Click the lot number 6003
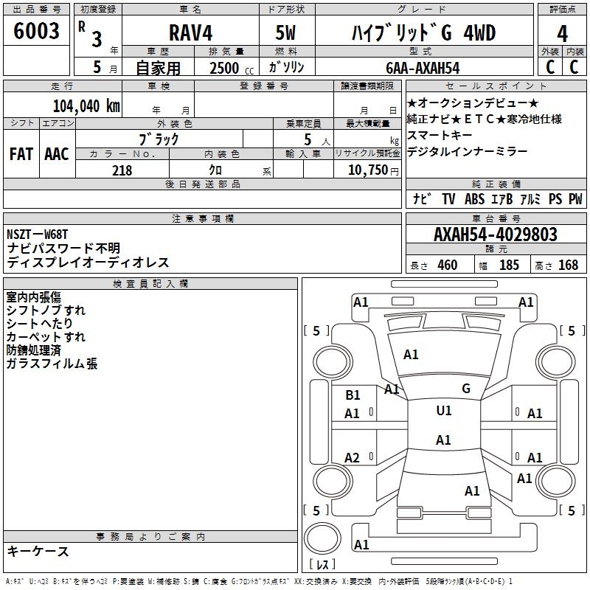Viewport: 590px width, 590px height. click(36, 31)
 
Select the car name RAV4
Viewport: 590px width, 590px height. click(190, 32)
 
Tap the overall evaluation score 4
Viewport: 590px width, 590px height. click(562, 34)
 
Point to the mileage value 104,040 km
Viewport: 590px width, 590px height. click(86, 106)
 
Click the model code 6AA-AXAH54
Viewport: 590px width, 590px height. click(423, 68)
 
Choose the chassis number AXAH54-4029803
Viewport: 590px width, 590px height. click(495, 235)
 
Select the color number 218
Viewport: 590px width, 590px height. click(122, 170)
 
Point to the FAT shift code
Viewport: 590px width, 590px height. click(21, 154)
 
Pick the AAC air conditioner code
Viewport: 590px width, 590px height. click(57, 154)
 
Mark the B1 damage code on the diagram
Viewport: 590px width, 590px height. click(353, 395)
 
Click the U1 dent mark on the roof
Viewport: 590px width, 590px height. click(444, 411)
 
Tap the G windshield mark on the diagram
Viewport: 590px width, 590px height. click(466, 389)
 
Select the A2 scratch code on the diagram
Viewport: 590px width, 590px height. click(352, 458)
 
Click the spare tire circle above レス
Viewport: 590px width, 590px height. click(322, 538)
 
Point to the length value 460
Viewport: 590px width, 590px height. click(448, 265)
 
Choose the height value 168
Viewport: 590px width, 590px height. click(568, 265)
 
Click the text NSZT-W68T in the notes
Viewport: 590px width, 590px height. click(38, 234)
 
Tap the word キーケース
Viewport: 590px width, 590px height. click(38, 551)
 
